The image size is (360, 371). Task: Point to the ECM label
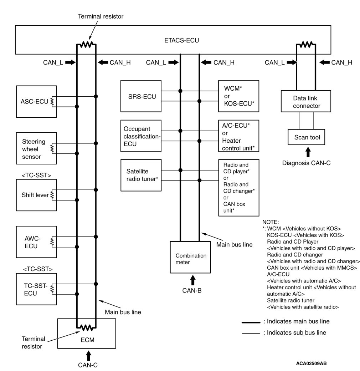87,340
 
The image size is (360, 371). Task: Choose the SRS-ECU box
141,96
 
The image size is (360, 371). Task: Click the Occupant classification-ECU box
141,136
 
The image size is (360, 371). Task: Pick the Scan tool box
306,137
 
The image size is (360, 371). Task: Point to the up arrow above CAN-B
193,279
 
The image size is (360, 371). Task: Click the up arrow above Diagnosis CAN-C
308,153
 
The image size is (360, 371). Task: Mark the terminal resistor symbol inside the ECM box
87,326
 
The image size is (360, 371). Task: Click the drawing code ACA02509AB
311,363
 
